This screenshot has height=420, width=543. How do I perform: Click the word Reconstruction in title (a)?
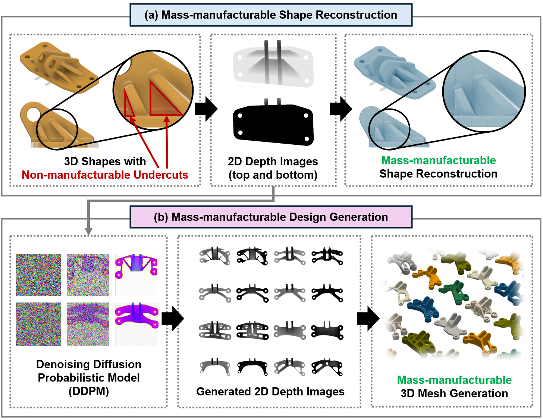coord(356,15)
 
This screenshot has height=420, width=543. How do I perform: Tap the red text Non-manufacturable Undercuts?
coord(105,175)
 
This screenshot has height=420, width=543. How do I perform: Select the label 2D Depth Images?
coord(273,162)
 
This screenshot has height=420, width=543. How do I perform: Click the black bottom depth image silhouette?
coord(273,125)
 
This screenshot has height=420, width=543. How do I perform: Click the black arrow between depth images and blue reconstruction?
coord(341,109)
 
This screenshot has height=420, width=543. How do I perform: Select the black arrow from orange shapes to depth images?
coord(206,109)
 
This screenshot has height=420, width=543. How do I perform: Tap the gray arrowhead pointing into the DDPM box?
coord(88,231)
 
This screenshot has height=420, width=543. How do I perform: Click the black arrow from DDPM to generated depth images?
coord(173,319)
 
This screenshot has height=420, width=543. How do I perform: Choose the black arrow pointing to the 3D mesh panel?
coord(368,319)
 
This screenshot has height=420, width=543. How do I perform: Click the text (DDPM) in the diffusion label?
coord(89,391)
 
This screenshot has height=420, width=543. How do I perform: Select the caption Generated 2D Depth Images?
coord(270,392)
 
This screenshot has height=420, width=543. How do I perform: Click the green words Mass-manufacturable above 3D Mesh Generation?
coord(454,380)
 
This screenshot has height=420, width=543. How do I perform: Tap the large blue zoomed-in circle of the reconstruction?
coord(484,91)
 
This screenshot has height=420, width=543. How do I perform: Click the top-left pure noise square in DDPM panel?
coord(38,275)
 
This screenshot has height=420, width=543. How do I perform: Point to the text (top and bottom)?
coord(273,175)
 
